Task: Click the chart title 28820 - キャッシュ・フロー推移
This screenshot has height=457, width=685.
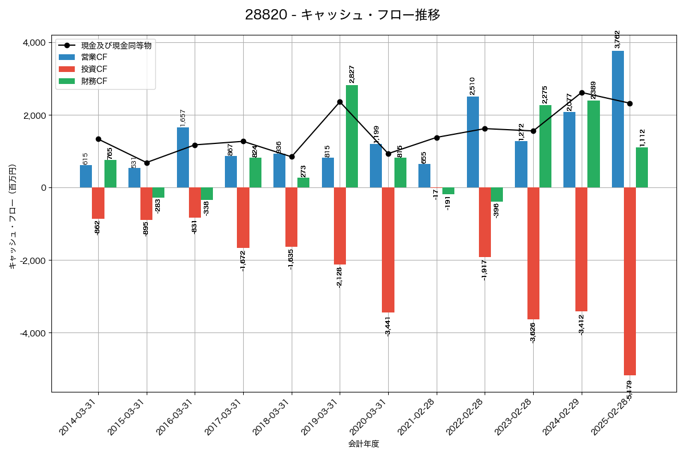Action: (x=342, y=15)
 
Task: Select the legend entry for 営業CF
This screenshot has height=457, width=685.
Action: (x=94, y=57)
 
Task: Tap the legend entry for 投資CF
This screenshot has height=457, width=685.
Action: (x=94, y=69)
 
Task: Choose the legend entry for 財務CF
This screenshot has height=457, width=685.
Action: (x=94, y=81)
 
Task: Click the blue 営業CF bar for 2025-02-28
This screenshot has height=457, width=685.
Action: (x=618, y=119)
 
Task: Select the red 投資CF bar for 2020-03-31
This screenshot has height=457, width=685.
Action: (x=388, y=250)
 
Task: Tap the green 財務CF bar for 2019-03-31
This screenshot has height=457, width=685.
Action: (x=352, y=136)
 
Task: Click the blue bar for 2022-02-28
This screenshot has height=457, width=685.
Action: (x=473, y=142)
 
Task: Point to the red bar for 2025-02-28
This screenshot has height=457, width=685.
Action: (x=630, y=281)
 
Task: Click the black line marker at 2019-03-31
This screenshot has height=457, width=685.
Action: (x=340, y=102)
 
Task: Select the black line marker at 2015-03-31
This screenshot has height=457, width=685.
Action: (x=147, y=163)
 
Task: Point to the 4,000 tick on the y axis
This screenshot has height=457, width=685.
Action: (x=34, y=43)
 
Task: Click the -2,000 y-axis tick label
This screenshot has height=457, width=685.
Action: (x=33, y=260)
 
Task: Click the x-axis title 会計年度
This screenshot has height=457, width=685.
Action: (x=364, y=444)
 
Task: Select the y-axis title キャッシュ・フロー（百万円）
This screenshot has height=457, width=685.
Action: (x=13, y=217)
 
